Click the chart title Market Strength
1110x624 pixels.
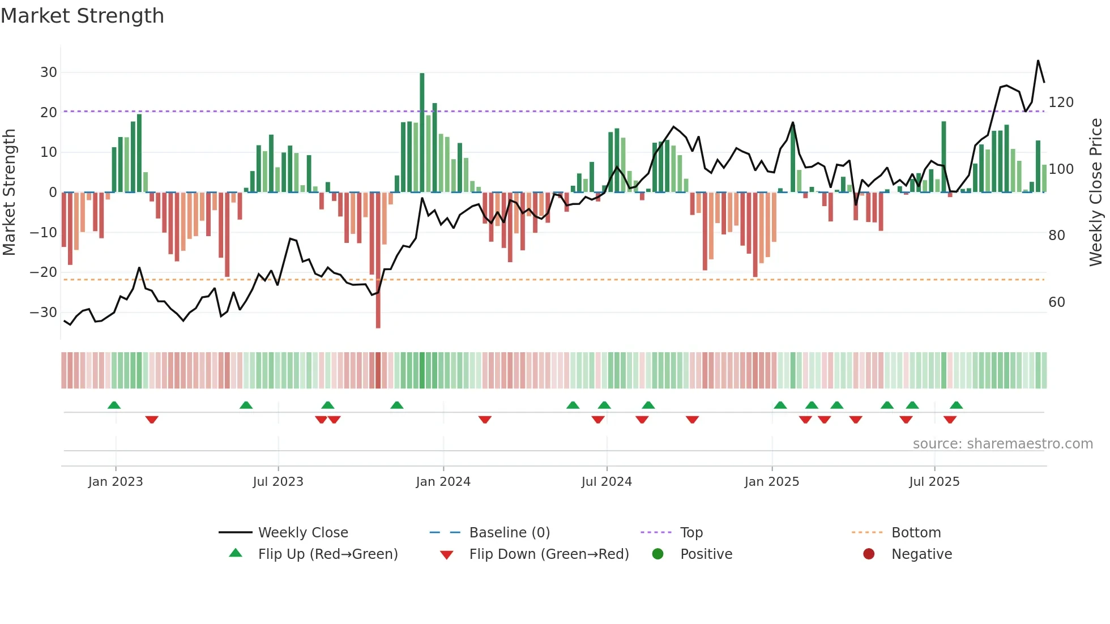(82, 16)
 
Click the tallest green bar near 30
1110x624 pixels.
(422, 133)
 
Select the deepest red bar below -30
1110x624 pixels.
(378, 260)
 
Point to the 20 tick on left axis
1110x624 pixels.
(49, 112)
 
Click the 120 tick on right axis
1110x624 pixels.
(1061, 102)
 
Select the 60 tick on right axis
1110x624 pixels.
(1056, 302)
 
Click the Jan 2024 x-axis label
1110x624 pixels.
(443, 482)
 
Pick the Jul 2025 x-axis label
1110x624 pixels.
(934, 482)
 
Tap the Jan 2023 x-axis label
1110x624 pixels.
(116, 482)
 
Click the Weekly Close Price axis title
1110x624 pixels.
(1096, 193)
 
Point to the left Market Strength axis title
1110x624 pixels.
(10, 193)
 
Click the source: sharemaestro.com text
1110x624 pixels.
(1002, 444)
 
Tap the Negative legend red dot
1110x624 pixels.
(869, 554)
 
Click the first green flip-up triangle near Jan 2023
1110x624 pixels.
(114, 405)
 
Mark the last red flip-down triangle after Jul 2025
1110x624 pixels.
(950, 420)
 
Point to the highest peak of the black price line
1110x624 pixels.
(1038, 61)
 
